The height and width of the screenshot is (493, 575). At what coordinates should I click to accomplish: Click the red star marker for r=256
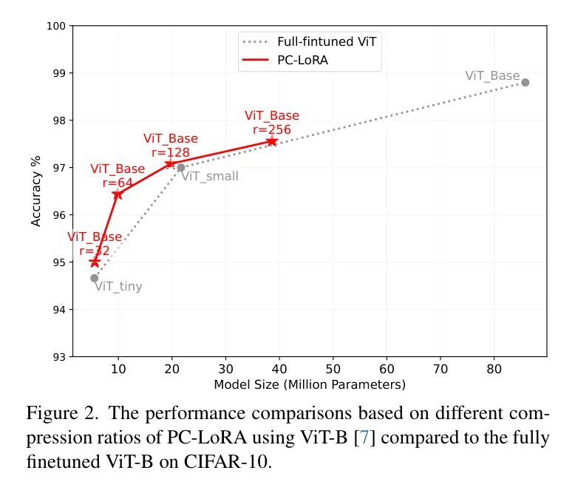272,140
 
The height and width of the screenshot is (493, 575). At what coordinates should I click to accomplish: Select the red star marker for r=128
170,163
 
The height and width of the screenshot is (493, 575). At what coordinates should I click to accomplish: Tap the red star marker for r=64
118,194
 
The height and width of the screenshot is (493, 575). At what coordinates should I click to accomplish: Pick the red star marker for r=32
95,262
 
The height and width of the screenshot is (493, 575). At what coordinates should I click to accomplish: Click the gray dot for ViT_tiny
95,278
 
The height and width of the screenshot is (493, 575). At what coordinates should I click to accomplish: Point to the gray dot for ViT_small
181,168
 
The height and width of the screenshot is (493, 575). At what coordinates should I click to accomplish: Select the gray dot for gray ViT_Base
525,82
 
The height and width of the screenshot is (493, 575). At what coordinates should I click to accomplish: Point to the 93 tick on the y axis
61,357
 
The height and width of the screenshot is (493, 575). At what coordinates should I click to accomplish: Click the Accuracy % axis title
37,191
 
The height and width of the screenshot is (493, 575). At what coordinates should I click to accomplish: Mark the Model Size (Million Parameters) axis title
310,385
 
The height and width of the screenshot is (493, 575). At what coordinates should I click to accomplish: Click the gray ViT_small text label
210,176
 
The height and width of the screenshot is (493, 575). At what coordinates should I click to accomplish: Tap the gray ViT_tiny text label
118,287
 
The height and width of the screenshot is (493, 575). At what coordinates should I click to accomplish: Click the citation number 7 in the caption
364,438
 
